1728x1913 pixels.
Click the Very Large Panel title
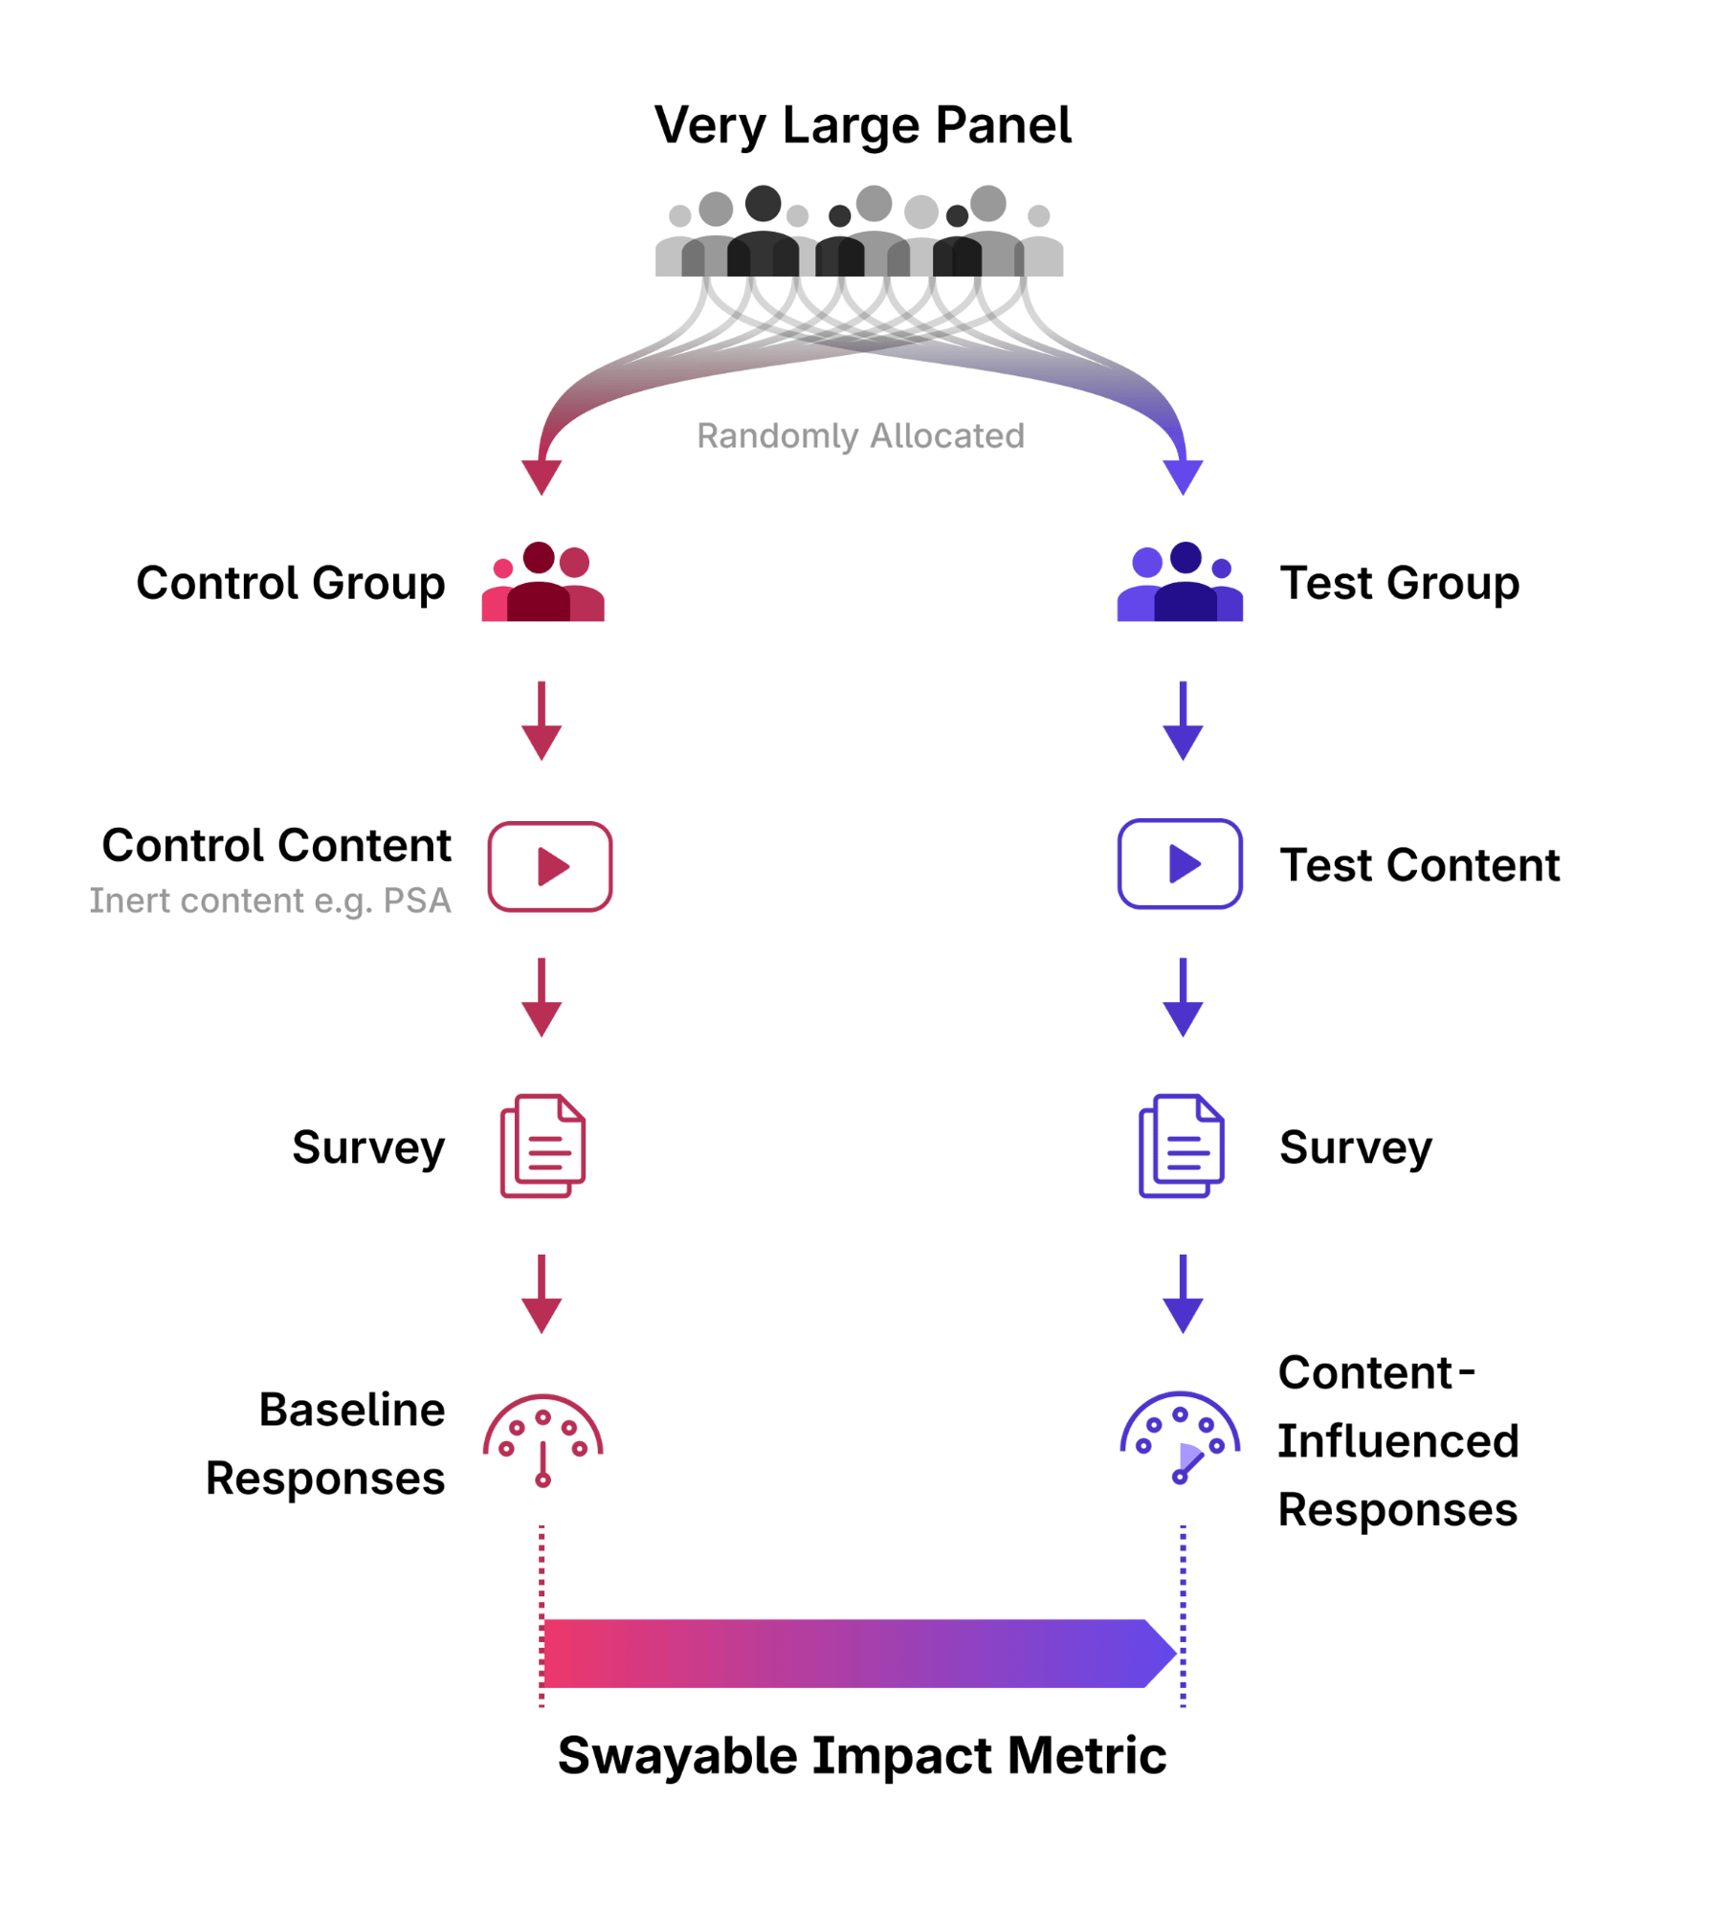click(862, 125)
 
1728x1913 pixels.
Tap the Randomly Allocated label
click(860, 436)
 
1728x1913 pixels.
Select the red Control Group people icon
click(543, 583)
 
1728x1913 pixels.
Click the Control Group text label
click(290, 584)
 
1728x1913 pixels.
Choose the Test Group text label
click(1400, 584)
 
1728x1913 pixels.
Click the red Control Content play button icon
click(550, 866)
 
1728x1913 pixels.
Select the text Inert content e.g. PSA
click(270, 901)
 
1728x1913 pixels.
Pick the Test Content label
click(1420, 866)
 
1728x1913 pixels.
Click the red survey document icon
click(543, 1146)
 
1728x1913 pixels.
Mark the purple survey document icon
click(1181, 1146)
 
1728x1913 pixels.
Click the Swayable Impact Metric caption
click(862, 1756)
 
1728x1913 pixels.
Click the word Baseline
click(352, 1411)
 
